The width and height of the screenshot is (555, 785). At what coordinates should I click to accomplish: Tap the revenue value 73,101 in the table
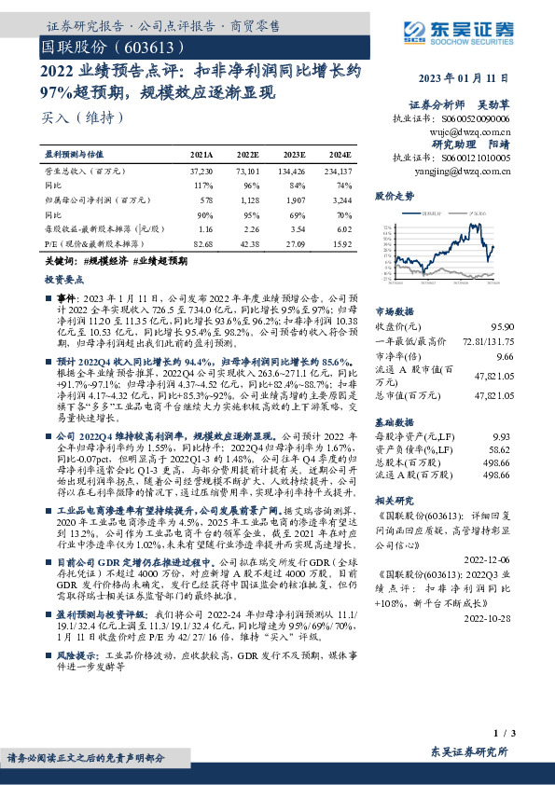(x=245, y=173)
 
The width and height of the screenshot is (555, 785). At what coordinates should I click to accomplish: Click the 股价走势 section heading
(x=394, y=197)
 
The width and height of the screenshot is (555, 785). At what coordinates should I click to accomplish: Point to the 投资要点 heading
(x=62, y=279)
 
